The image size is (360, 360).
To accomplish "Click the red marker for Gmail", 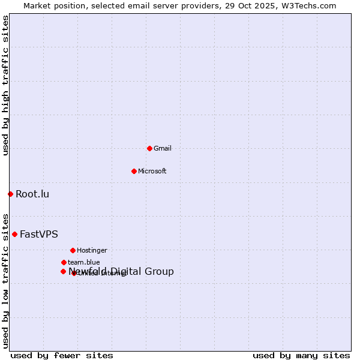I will click(149, 148).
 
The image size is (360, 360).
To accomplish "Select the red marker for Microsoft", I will click(134, 171).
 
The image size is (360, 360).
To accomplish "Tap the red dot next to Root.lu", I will click(10, 194).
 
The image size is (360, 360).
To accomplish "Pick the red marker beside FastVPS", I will click(14, 234).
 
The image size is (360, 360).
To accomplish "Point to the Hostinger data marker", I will click(73, 250).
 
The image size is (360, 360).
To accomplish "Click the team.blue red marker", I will click(64, 262).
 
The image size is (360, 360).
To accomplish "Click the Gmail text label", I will click(163, 148).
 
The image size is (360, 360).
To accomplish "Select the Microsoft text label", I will click(152, 171).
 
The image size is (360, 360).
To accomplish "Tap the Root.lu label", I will click(32, 194).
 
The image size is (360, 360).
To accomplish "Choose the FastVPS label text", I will click(39, 234).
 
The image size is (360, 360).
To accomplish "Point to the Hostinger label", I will click(92, 250).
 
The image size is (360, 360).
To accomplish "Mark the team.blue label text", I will click(83, 262).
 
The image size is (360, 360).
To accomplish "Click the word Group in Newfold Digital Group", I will click(160, 272).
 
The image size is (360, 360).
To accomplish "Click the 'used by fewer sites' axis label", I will click(62, 355).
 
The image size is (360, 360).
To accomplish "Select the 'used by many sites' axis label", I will click(301, 355).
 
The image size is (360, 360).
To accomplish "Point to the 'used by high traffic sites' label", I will click(5, 85).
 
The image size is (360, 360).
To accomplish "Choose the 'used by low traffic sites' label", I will click(5, 280).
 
